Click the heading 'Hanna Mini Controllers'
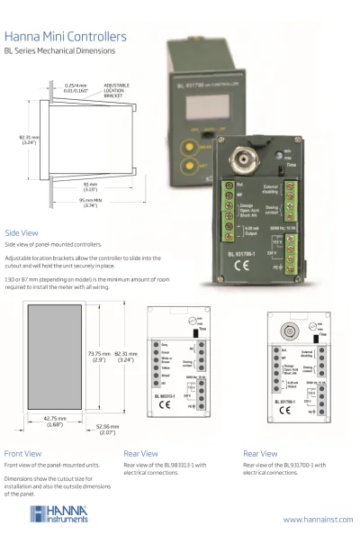(x=65, y=37)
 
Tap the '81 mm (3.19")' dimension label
(x=91, y=187)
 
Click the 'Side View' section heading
(x=22, y=231)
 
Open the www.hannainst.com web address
(x=317, y=520)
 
